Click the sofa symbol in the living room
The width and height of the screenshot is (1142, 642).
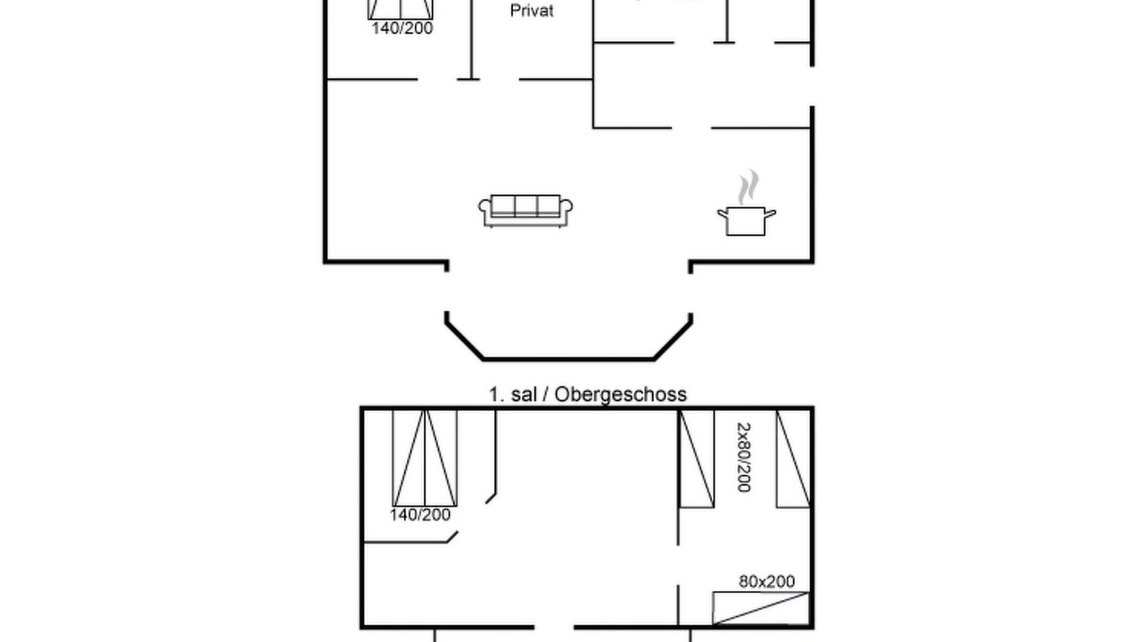525,210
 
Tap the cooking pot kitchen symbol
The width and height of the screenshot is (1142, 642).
747,220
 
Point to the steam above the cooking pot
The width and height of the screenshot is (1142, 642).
748,187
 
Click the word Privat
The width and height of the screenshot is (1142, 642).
531,11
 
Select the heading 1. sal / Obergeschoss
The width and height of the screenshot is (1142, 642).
587,394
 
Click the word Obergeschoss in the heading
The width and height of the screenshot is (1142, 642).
620,394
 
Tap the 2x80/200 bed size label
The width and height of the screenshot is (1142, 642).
744,457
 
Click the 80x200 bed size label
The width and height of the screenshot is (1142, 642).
766,581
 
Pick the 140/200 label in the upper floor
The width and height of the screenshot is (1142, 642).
420,514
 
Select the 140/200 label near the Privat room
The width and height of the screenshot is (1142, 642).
402,28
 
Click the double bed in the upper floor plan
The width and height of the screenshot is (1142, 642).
425,458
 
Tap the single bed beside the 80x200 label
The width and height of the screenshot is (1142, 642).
761,607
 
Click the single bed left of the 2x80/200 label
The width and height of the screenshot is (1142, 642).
697,458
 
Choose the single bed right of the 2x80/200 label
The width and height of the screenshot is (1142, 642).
793,458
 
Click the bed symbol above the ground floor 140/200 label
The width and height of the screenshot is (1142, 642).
401,9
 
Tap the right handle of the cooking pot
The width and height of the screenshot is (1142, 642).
770,213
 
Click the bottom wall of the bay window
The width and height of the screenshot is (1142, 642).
568,358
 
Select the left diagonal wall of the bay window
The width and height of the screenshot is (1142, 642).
464,341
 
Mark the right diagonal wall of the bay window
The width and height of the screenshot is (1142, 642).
673,341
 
